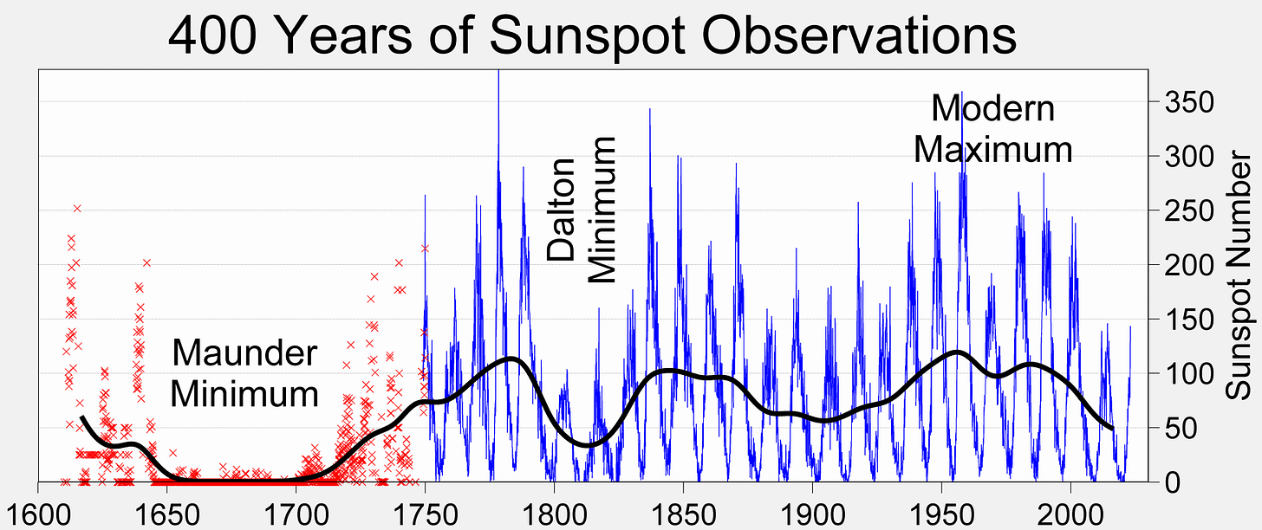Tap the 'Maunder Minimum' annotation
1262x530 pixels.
pos(244,374)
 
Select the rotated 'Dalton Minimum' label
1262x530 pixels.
pos(582,210)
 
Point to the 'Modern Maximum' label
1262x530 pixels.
pos(993,129)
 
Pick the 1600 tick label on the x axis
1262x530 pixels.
pos(38,508)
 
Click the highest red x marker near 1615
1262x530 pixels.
pos(77,208)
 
